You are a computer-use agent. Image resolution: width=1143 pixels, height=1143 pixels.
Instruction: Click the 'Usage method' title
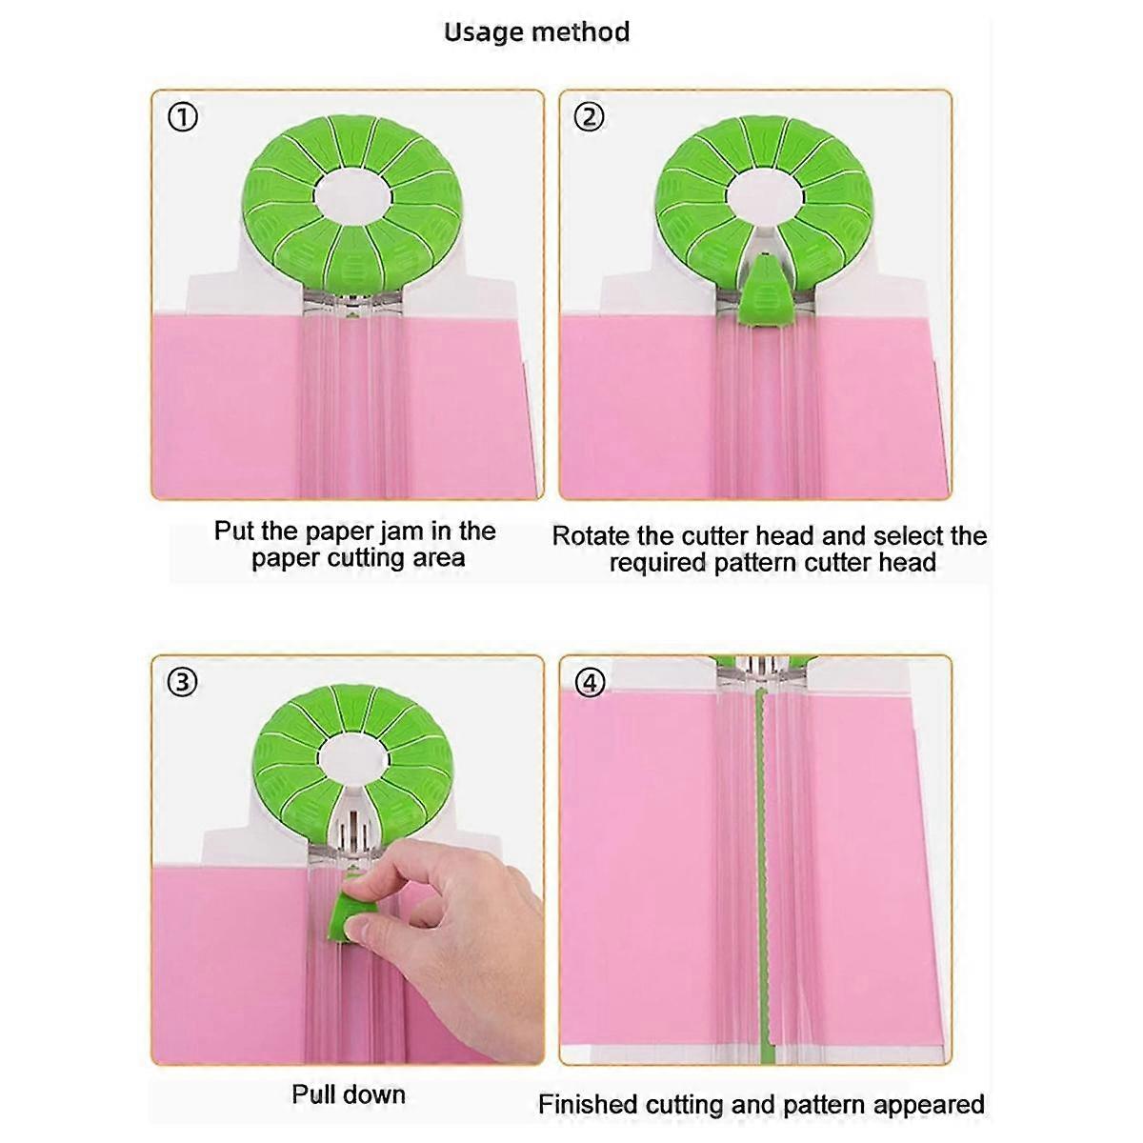tap(536, 32)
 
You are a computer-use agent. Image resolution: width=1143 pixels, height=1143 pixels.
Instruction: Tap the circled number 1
tap(183, 117)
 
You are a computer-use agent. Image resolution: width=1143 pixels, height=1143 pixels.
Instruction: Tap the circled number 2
tap(590, 117)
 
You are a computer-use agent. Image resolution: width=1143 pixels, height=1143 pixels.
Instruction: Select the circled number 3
tap(183, 682)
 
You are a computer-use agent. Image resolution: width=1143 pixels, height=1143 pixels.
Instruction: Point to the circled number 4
tap(592, 682)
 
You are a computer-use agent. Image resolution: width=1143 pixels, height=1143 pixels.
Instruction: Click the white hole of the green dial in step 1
tap(348, 195)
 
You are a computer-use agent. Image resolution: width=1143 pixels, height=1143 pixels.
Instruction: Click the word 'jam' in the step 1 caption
tap(381, 531)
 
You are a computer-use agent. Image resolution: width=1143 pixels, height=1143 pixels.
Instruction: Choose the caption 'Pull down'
tap(349, 1094)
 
